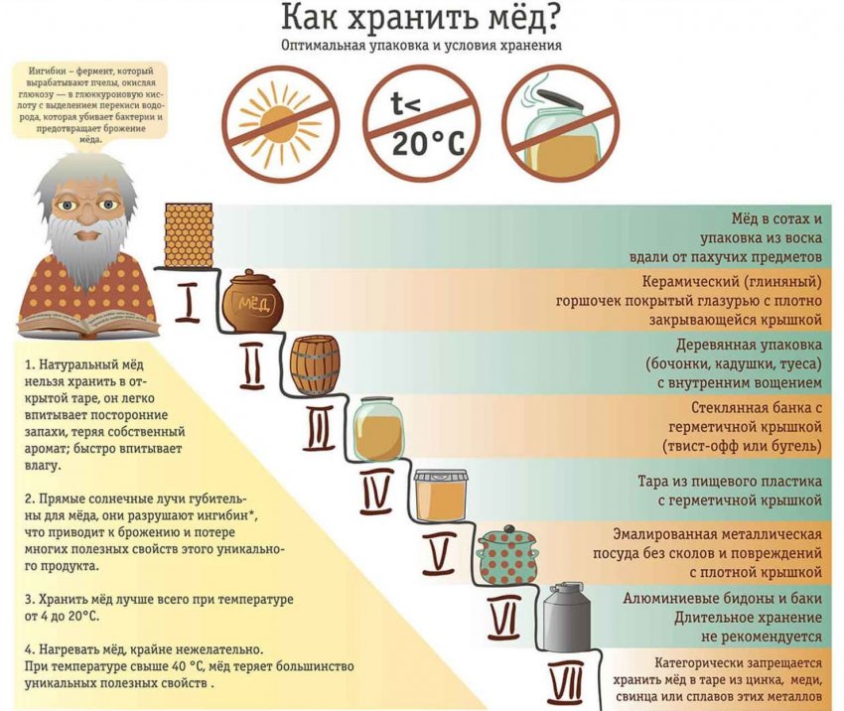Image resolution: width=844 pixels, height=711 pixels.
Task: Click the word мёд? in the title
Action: coord(516,18)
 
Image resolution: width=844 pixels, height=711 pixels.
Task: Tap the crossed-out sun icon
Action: coord(281,123)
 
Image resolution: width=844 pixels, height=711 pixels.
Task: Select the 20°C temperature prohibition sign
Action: coord(421,123)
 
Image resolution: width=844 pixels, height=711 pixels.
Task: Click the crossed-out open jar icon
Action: coord(561,123)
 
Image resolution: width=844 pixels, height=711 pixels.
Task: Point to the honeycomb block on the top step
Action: coord(189,234)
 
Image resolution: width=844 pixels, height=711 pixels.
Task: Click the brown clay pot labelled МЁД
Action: coord(252,302)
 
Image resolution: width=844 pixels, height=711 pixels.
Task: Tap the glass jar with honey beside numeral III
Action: coord(378,428)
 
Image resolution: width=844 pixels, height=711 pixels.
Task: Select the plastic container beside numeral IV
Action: coord(440,496)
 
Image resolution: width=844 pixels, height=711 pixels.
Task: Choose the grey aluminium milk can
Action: coord(566,616)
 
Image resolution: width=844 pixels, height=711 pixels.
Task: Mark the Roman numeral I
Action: coord(188,303)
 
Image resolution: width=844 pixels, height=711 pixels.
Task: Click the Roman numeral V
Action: coord(439,553)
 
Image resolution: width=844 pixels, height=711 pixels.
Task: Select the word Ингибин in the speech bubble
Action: coord(49,71)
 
